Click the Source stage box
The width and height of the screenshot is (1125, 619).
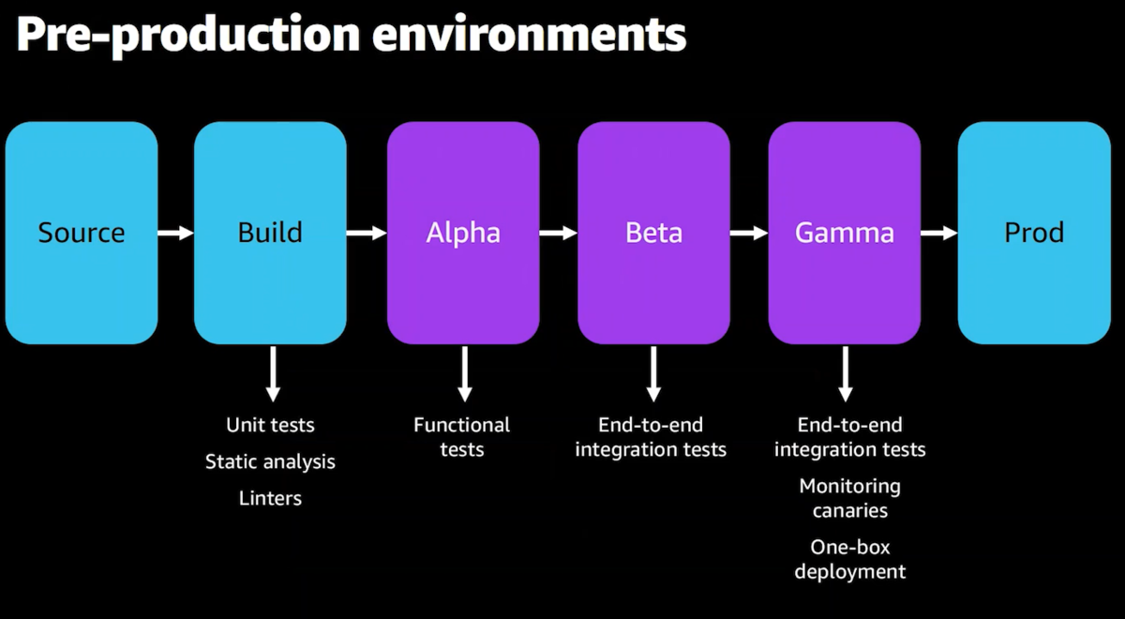(x=82, y=233)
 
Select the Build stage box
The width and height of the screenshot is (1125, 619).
(x=270, y=233)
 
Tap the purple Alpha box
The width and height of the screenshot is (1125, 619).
(x=463, y=233)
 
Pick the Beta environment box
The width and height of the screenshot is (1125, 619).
(x=653, y=233)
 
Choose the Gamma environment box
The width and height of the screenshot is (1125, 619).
(x=845, y=233)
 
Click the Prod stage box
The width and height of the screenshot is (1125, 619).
(x=1034, y=233)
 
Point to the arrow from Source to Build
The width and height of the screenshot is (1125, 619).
(x=176, y=233)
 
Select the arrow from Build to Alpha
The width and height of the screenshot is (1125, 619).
(x=367, y=233)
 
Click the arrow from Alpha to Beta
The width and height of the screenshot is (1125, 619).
(x=559, y=233)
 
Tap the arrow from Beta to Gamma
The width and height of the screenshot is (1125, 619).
(x=749, y=233)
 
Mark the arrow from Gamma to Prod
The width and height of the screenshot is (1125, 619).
(x=939, y=233)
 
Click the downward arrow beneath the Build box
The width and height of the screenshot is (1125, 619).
(x=273, y=374)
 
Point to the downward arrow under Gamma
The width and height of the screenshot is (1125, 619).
(x=846, y=374)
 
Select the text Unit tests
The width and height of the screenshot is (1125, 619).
(x=270, y=425)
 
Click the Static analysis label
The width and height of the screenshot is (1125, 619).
(x=270, y=461)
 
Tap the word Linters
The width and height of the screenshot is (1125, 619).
(x=270, y=498)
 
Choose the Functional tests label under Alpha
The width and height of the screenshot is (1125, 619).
(x=461, y=437)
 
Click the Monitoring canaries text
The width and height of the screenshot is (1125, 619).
(x=849, y=498)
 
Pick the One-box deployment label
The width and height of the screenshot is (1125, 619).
(x=849, y=559)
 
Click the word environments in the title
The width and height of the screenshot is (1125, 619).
(x=529, y=34)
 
